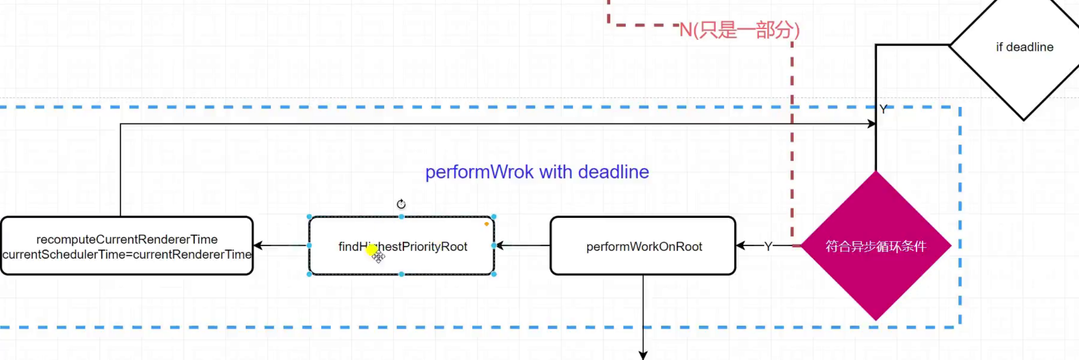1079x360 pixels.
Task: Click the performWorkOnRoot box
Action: [643, 246]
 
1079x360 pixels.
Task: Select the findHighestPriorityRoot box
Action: [402, 246]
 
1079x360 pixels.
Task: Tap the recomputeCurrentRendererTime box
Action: [127, 246]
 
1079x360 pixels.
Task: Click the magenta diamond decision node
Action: [876, 246]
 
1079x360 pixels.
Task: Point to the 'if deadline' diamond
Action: [1025, 47]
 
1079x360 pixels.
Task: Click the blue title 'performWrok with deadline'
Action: [537, 172]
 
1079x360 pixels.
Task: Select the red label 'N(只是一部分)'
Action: [739, 30]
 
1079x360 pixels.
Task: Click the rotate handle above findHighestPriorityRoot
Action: [401, 204]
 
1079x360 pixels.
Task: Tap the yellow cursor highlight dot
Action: [372, 250]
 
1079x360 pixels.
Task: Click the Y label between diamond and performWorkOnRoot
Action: [768, 246]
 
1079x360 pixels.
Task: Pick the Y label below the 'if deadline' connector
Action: [883, 109]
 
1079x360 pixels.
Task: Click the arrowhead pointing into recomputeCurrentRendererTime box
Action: [258, 246]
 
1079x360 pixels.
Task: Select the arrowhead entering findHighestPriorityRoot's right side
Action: [500, 246]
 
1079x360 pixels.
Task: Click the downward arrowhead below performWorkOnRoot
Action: [643, 355]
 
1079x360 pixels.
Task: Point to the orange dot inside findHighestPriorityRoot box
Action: [486, 224]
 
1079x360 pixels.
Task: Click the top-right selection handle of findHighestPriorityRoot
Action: [494, 216]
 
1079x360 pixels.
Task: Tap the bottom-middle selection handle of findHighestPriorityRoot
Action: [402, 274]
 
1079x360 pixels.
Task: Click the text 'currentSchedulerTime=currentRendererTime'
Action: [127, 254]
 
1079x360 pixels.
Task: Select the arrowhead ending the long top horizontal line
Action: [871, 124]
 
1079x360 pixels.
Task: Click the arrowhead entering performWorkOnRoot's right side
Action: [741, 246]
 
